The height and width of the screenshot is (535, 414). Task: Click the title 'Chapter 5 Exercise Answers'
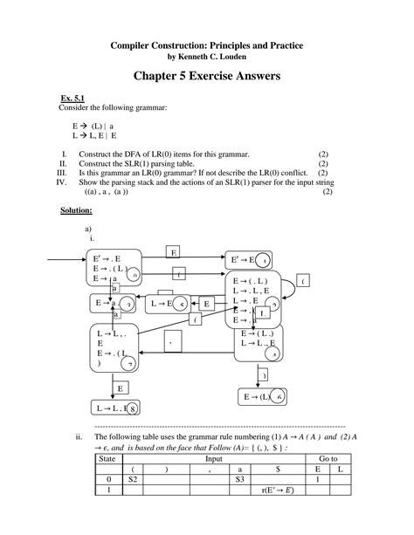[206, 77]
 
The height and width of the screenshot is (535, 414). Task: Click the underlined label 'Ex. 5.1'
[72, 98]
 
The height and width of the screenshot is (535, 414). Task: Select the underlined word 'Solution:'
[77, 210]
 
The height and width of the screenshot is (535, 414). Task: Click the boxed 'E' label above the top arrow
[173, 252]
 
